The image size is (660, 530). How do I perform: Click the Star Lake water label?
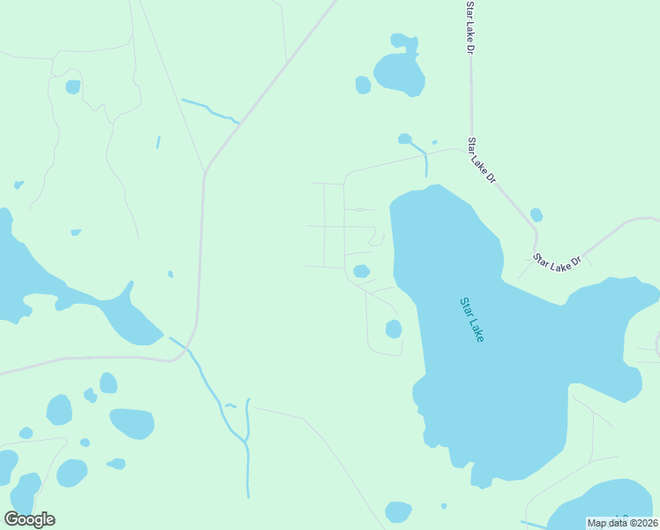[472, 320]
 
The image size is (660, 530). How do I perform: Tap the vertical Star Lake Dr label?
[470, 26]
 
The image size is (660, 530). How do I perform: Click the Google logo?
[29, 519]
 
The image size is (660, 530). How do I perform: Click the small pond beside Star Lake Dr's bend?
[536, 215]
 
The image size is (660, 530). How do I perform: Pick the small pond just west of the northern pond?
[363, 85]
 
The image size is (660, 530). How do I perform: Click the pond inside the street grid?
[361, 271]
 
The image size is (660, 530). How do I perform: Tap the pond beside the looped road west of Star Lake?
[394, 329]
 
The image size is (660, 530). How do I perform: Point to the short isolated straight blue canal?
[158, 142]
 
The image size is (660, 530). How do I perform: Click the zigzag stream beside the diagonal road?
[211, 110]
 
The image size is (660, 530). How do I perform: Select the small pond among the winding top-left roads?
[72, 87]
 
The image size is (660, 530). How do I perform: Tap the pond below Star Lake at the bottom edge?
[398, 511]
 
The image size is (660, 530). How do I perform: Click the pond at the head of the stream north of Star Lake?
[404, 139]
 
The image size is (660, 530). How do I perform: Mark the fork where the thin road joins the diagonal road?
[205, 170]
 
